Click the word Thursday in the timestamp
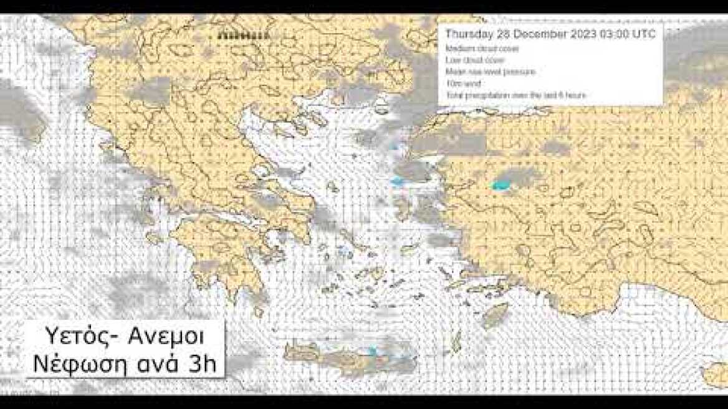[x=468, y=34]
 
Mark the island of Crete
[x=349, y=358]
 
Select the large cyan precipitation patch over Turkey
[x=501, y=185]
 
